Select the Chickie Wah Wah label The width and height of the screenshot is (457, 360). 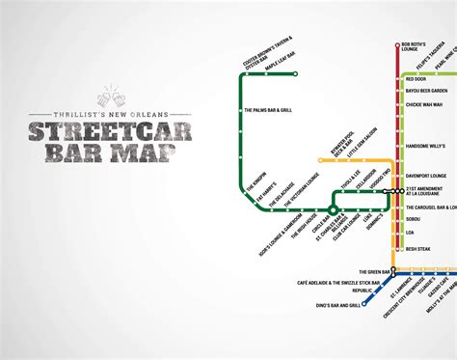(x=425, y=104)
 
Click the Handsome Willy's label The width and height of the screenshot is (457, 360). (x=428, y=145)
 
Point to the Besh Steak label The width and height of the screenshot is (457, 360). (x=421, y=248)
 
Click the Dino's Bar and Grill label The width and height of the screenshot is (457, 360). (x=334, y=305)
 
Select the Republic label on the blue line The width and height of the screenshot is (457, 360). (x=338, y=290)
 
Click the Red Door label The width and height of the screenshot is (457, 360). (x=417, y=78)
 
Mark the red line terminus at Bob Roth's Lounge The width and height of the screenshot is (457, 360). (x=398, y=45)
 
